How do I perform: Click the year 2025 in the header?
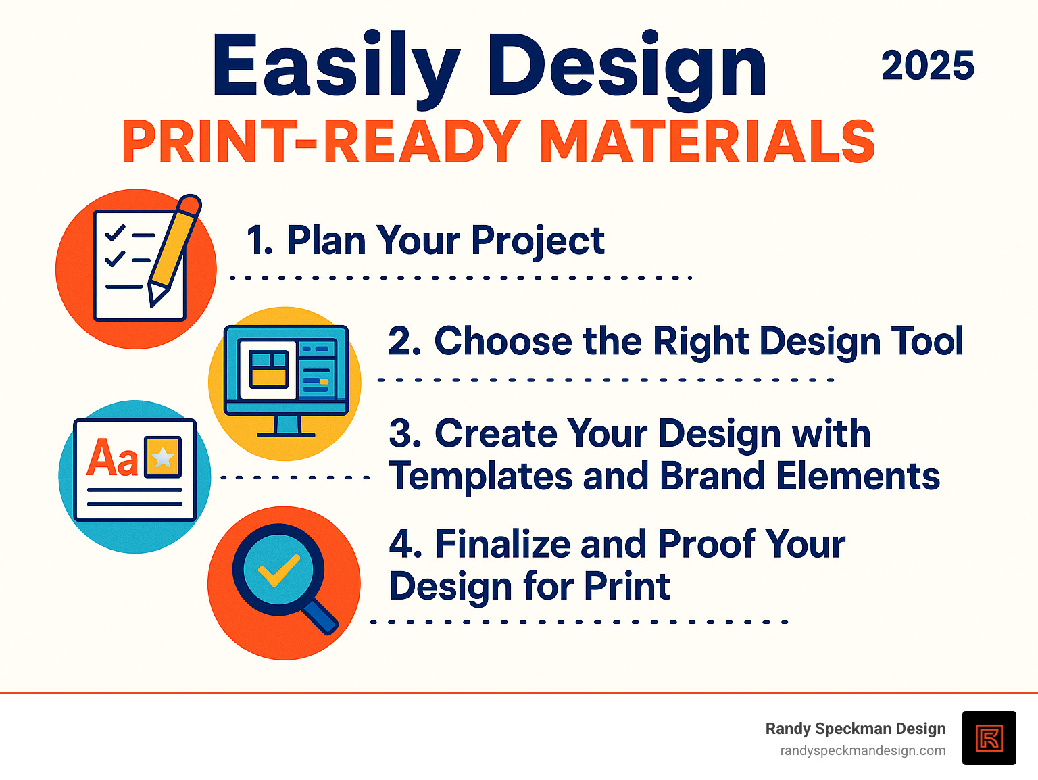(x=927, y=66)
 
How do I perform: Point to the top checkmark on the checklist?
(x=116, y=233)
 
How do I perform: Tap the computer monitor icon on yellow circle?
(x=286, y=372)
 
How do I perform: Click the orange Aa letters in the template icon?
(x=112, y=458)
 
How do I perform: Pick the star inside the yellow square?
(x=163, y=458)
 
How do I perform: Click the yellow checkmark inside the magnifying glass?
(x=278, y=570)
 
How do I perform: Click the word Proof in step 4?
(x=707, y=544)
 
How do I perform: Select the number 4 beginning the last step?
(x=404, y=544)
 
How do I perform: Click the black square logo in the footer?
(x=989, y=737)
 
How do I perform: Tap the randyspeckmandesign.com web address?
(x=862, y=751)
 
